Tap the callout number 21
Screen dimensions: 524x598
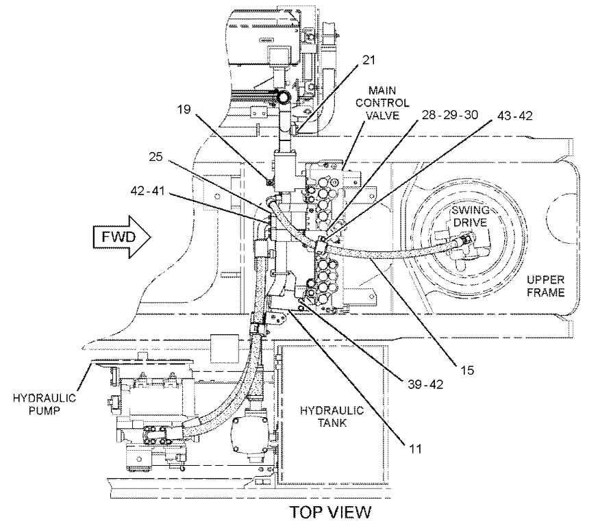[369, 79]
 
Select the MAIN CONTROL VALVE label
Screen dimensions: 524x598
[388, 103]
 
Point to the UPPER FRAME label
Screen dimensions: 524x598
[547, 286]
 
